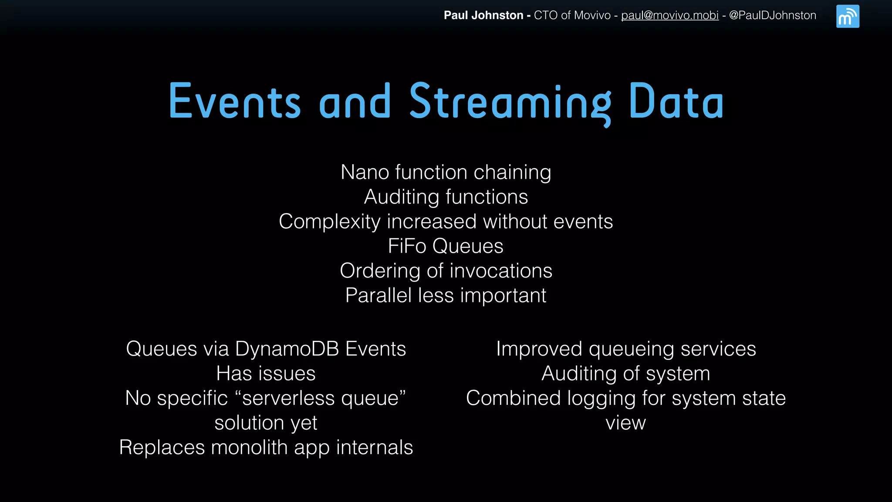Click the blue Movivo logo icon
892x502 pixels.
pyautogui.click(x=847, y=16)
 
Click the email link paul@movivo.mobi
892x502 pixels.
pyautogui.click(x=669, y=15)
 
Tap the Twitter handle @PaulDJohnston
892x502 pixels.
pyautogui.click(x=772, y=15)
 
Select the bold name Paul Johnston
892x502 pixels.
pyautogui.click(x=483, y=15)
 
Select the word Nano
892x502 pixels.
pyautogui.click(x=365, y=172)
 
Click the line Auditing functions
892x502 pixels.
pyautogui.click(x=446, y=197)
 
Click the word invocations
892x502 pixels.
pyautogui.click(x=501, y=271)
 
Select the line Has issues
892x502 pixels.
pyautogui.click(x=266, y=374)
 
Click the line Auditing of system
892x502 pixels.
pyautogui.click(x=625, y=374)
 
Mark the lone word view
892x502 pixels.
pyautogui.click(x=625, y=423)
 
